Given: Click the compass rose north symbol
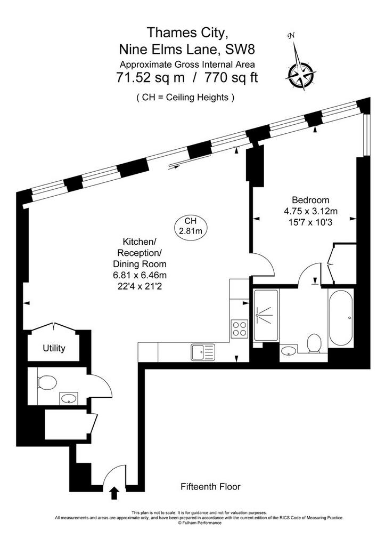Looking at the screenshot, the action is [300, 74].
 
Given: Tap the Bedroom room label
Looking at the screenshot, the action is [310, 200].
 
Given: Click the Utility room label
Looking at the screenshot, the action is [54, 348].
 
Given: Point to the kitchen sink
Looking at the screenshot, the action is [203, 352].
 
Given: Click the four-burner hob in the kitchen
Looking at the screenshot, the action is [240, 328].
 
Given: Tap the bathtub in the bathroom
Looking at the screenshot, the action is [341, 318].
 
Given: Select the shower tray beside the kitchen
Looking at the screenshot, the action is [266, 315].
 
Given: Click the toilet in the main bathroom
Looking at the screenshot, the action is [314, 343].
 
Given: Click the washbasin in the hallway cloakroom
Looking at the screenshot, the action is [69, 398].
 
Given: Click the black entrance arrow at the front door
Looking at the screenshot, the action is [114, 493].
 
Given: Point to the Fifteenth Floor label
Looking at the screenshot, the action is [210, 486].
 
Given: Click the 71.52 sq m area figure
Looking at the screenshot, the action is [150, 78].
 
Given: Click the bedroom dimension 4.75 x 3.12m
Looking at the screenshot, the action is [311, 211].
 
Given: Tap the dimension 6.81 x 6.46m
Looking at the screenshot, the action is [140, 275].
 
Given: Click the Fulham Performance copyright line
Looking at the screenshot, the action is [199, 523].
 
